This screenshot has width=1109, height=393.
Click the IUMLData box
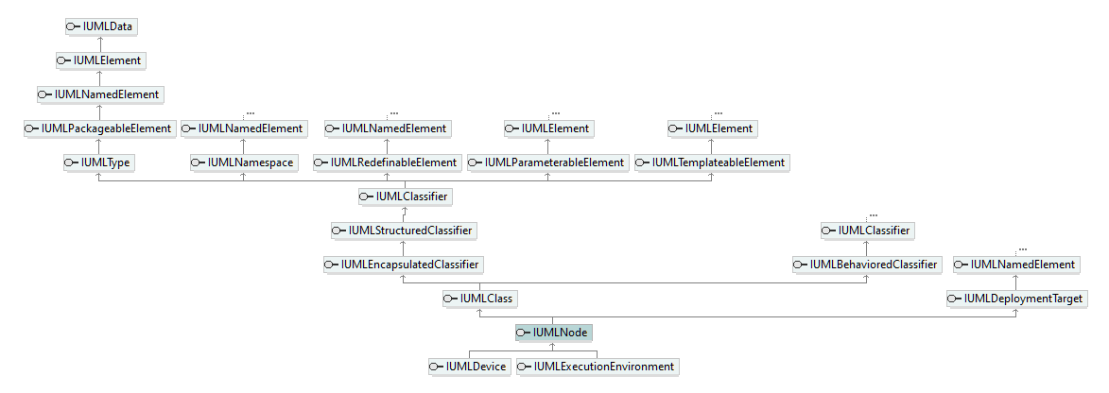(x=100, y=26)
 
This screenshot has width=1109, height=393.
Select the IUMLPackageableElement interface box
(x=99, y=128)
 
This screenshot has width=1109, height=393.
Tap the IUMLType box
(x=99, y=162)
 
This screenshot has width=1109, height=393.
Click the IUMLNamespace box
(x=244, y=162)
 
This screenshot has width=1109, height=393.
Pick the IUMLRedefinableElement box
(x=388, y=162)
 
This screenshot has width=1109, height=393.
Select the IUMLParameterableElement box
(x=547, y=162)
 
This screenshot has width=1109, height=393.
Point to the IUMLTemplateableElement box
(x=711, y=162)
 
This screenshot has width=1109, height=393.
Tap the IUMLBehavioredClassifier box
(x=867, y=265)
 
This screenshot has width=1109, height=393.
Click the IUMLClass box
(x=479, y=299)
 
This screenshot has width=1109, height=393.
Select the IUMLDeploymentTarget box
(x=1017, y=299)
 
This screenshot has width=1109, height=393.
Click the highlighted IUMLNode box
(x=554, y=333)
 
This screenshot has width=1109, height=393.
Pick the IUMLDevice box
(x=469, y=367)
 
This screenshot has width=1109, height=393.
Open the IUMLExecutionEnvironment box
(x=598, y=367)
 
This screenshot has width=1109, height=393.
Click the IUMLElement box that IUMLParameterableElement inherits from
(x=547, y=128)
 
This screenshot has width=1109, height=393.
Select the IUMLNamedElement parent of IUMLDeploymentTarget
(x=1017, y=265)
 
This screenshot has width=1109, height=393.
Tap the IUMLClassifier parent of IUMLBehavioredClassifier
(x=867, y=231)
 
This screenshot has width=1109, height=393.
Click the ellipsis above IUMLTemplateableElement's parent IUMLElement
(x=718, y=112)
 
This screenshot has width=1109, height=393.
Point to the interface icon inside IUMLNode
(x=524, y=333)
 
